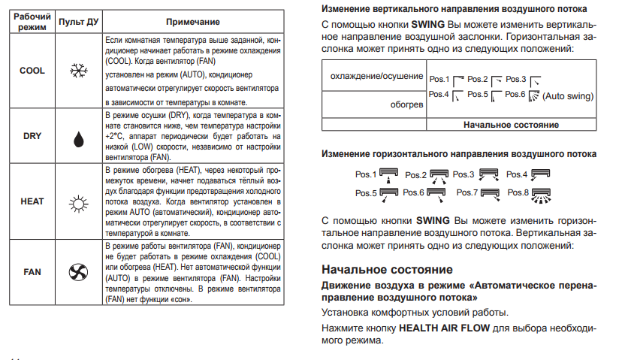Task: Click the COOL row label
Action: pos(32,70)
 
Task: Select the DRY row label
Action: pos(32,136)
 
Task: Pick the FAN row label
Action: pos(32,271)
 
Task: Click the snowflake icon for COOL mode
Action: pos(77,71)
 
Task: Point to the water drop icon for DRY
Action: pos(77,138)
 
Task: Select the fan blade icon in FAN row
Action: pos(77,271)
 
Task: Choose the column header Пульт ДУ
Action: pos(77,22)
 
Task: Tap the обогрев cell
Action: pos(406,104)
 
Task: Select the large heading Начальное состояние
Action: pos(386,269)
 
